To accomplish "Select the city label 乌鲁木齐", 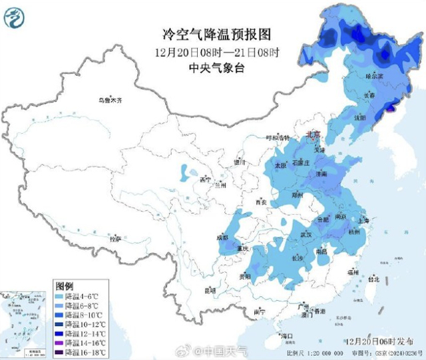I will pos(111,100).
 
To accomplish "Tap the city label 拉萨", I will pos(116,238).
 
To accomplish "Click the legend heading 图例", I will pos(64,283).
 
